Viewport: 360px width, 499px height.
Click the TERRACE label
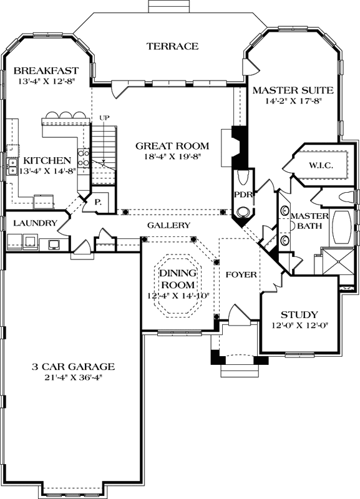pyautogui.click(x=172, y=46)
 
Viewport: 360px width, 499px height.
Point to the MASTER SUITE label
pyautogui.click(x=293, y=90)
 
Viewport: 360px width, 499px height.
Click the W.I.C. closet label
pyautogui.click(x=321, y=165)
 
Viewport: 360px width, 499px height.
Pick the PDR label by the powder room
pyautogui.click(x=241, y=195)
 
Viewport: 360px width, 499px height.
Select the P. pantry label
pyautogui.click(x=99, y=203)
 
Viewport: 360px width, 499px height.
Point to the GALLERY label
pyautogui.click(x=168, y=225)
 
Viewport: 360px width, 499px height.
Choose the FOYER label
pyautogui.click(x=238, y=274)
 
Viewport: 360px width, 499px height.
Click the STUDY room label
pyautogui.click(x=299, y=314)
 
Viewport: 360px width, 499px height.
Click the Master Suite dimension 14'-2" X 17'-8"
pyautogui.click(x=293, y=102)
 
